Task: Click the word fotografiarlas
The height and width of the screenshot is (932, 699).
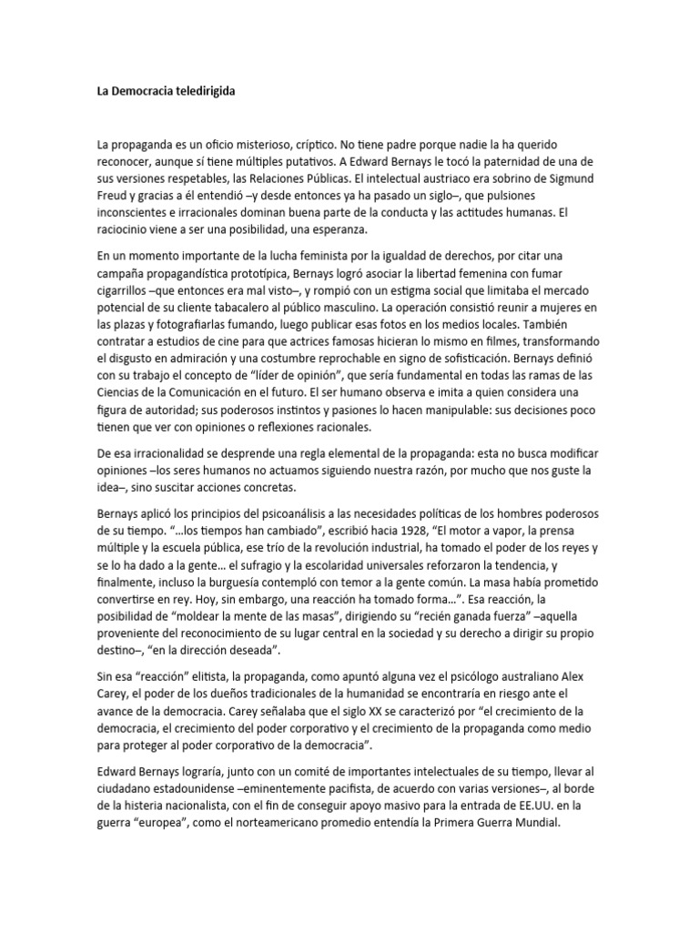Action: coord(182,326)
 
